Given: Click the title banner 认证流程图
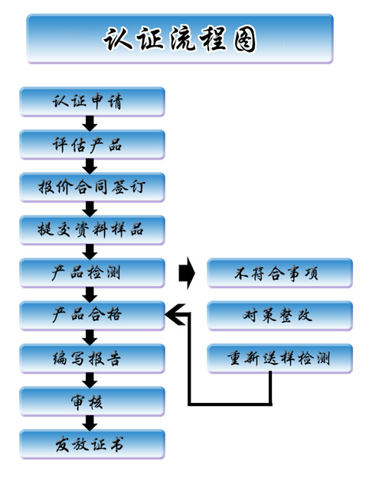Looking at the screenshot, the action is point(180,38).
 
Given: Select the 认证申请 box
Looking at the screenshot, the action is point(92,102).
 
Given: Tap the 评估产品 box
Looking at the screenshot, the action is point(92,144).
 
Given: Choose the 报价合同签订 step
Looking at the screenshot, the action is point(92,187).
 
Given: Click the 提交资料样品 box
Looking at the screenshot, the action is point(92,230).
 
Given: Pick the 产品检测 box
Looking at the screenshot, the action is point(92,273).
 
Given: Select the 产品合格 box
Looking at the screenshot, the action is point(92,316).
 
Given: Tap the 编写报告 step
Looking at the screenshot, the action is point(92,359).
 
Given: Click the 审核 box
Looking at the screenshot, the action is point(92,401).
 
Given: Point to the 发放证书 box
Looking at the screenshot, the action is point(92,445).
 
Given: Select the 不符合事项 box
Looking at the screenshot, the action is point(280,273).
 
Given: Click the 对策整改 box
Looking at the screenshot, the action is point(280,316).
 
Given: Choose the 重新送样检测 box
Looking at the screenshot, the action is point(280,359).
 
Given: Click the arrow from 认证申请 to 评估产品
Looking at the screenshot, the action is point(90,123).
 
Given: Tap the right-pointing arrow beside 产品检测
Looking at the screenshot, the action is point(187,273).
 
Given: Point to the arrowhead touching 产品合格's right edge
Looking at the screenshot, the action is point(176,314).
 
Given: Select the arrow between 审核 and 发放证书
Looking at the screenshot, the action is point(90,423).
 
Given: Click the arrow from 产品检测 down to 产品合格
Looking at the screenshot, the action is point(90,294).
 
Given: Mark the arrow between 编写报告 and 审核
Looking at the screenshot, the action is point(90,380).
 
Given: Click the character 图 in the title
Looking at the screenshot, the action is point(245,39).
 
